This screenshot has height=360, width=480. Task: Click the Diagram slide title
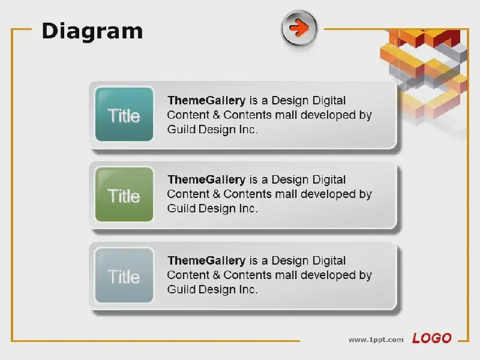[92, 32]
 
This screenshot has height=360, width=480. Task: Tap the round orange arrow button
[299, 28]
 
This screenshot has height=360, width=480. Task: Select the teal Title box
[124, 114]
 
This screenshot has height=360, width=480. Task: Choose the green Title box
[124, 194]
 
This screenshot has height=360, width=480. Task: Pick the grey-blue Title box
[124, 275]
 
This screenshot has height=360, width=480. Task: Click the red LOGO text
[431, 338]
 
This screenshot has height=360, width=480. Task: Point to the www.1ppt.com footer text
[376, 340]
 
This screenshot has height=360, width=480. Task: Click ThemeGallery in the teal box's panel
[206, 100]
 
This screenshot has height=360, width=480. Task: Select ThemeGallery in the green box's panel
[206, 179]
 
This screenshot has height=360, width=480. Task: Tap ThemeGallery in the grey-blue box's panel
[206, 260]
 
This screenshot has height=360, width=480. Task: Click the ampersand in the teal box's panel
[216, 115]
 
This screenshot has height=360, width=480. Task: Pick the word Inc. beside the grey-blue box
[248, 289]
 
